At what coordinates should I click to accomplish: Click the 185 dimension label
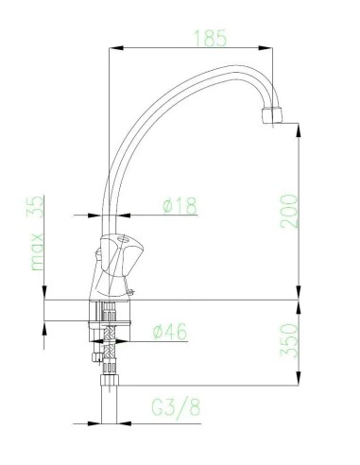tap(211, 38)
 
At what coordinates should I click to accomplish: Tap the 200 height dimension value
tap(289, 211)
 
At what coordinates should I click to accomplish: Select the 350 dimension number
tap(289, 340)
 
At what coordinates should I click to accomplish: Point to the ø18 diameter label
tap(180, 206)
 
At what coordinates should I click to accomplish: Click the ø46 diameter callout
tap(170, 331)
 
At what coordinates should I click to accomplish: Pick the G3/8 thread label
tap(176, 408)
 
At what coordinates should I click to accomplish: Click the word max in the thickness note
tap(37, 252)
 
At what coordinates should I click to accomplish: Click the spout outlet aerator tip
tap(272, 115)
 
